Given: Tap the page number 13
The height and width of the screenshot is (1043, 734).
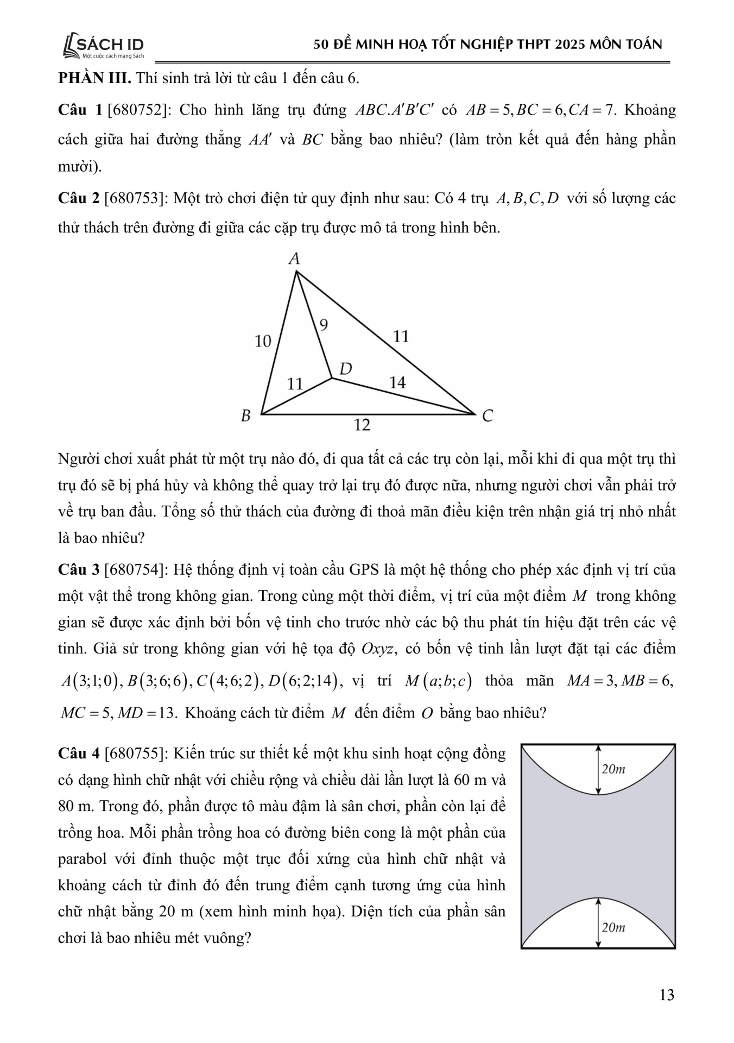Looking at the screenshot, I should click(x=667, y=995).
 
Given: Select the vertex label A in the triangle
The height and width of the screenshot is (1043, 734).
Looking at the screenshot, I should click(x=294, y=259).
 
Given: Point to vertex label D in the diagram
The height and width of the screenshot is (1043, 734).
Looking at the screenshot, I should click(x=345, y=369).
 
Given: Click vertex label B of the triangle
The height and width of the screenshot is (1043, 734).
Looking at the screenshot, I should click(x=246, y=416).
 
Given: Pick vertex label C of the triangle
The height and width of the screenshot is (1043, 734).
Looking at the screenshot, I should click(x=487, y=416).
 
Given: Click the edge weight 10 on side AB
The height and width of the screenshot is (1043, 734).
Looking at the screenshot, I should click(x=263, y=341).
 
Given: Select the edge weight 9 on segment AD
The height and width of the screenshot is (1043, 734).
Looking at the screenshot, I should click(x=324, y=325).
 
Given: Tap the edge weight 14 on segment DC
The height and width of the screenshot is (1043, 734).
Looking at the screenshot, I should click(x=397, y=382).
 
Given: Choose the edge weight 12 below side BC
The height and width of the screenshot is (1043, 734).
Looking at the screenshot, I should click(x=362, y=425).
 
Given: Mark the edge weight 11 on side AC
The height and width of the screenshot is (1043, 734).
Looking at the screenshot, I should click(x=401, y=336).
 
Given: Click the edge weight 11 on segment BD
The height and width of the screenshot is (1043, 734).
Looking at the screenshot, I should click(x=295, y=384).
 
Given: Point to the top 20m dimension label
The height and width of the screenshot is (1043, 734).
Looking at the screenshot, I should click(x=613, y=769).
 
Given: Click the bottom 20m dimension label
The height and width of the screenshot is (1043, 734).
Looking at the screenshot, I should click(x=613, y=927).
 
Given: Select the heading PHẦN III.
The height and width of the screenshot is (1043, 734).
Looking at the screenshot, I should click(x=94, y=78).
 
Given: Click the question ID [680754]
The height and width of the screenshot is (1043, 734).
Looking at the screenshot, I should click(x=136, y=570).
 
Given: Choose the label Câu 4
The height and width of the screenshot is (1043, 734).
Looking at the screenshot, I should click(x=78, y=753).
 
